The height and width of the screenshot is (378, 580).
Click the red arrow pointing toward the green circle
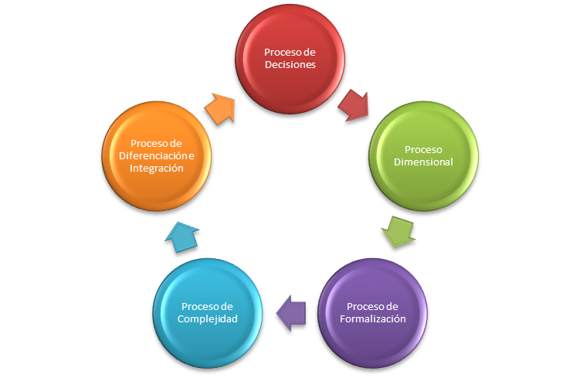click(354, 104)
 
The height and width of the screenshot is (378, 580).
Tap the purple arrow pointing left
click(291, 311)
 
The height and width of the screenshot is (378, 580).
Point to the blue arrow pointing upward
click(183, 235)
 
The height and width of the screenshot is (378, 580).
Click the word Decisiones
click(290, 66)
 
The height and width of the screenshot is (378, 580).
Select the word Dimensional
click(422, 162)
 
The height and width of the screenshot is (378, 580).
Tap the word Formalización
click(373, 318)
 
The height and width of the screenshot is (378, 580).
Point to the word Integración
click(157, 168)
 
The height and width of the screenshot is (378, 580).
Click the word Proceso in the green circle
click(422, 149)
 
